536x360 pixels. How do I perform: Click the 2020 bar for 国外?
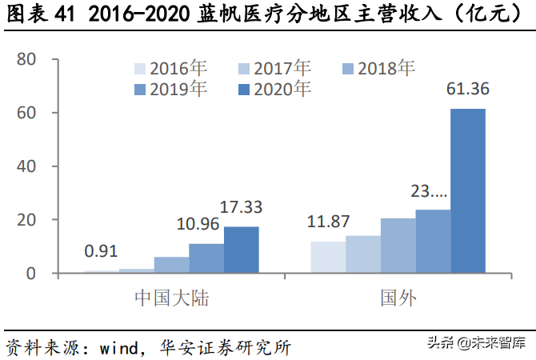point(468,190)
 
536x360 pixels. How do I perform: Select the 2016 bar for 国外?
point(328,257)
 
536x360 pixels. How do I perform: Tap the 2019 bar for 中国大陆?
point(206,258)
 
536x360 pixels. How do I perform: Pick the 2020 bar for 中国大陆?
point(241,250)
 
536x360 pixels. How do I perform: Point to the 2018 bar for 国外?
point(398,245)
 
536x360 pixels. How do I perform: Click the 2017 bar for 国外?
point(363,254)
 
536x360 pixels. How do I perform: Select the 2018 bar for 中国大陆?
point(171,265)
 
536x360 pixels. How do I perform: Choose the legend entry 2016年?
point(170,70)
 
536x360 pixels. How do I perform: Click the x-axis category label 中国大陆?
point(172,298)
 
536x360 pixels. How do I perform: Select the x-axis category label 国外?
point(398,298)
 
